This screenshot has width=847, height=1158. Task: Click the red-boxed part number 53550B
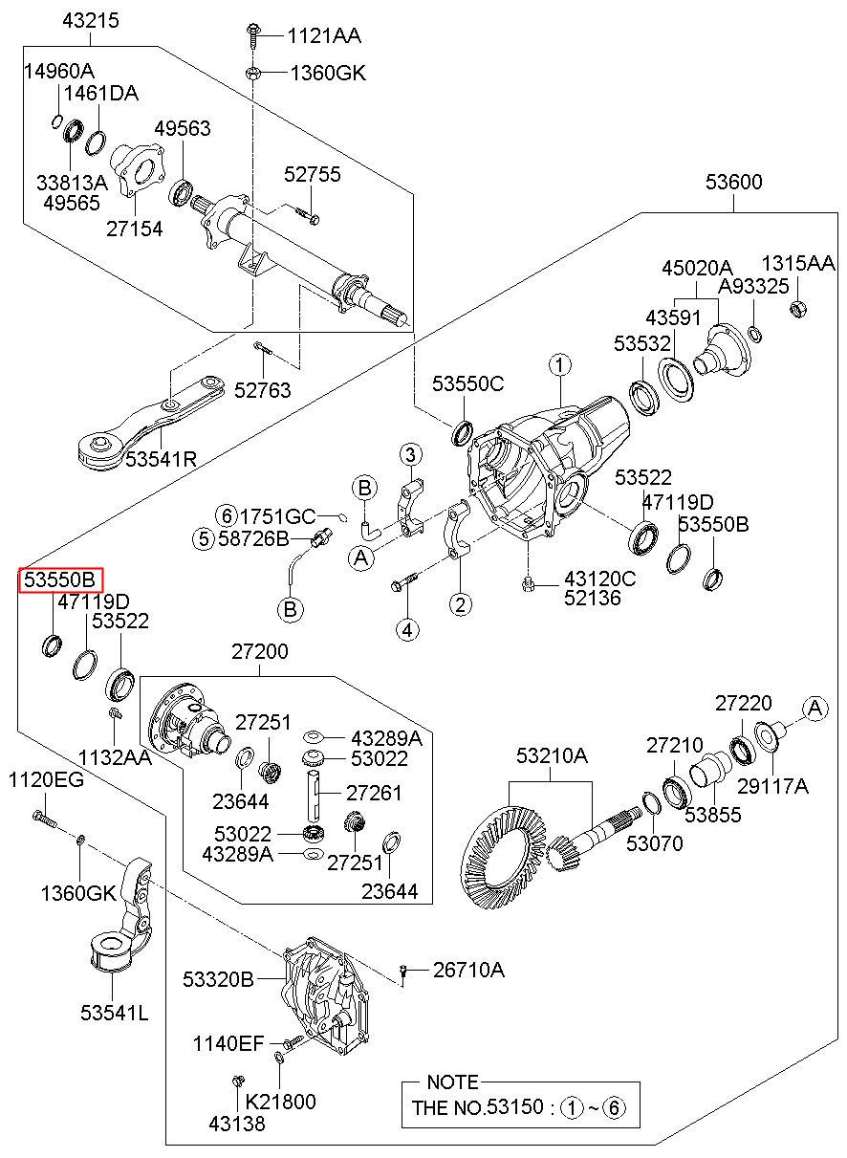60,579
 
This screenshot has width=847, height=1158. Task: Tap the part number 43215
91,19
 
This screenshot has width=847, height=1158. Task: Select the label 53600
734,182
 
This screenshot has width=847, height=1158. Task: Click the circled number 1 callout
559,364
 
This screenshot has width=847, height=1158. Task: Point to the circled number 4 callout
408,629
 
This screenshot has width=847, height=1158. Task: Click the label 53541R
161,459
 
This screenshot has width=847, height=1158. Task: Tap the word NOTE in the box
452,1082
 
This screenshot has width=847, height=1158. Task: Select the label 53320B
218,979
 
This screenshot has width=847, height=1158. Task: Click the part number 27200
258,652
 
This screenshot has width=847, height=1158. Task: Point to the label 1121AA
325,36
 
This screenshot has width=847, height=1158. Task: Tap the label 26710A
468,971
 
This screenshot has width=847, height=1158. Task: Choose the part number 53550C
467,384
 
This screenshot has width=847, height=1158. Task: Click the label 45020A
697,268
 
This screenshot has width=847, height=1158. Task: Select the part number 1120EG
46,781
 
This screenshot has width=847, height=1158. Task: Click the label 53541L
114,1013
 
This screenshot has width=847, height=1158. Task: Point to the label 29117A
773,786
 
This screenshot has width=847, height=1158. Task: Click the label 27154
134,229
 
